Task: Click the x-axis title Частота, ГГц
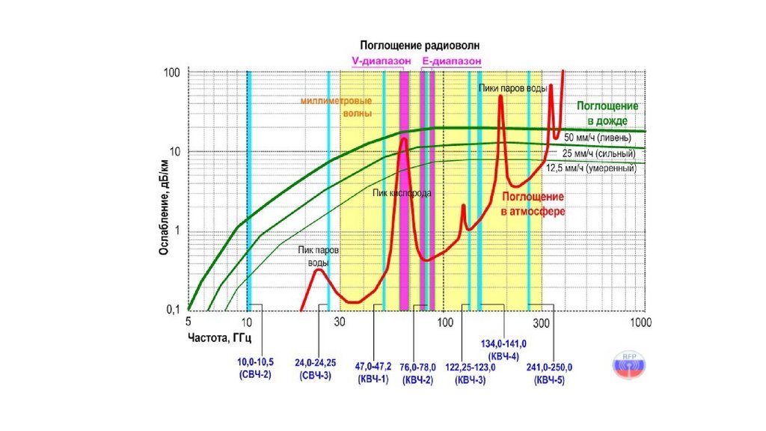click(x=219, y=338)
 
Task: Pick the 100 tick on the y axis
click(x=173, y=73)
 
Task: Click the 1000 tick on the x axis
click(x=640, y=323)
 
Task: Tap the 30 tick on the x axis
click(x=339, y=323)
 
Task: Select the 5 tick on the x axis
click(x=189, y=323)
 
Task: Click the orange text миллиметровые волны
click(x=337, y=107)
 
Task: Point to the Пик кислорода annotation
click(x=402, y=193)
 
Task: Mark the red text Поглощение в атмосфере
click(x=533, y=204)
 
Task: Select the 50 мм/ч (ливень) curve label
click(x=598, y=138)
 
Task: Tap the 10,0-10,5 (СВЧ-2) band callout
click(x=255, y=367)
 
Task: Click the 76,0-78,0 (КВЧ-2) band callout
click(x=418, y=373)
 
